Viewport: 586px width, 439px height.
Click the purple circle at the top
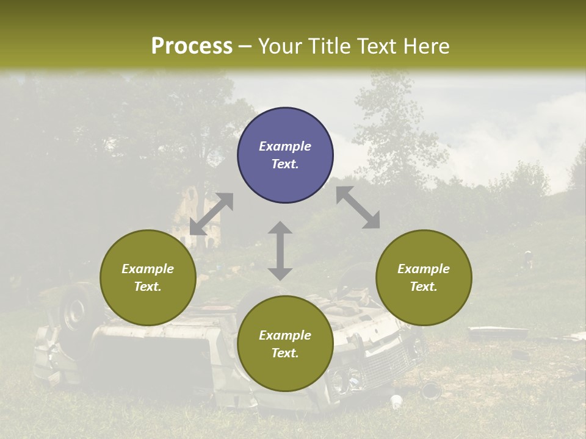(285, 155)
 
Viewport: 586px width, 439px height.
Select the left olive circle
(148, 277)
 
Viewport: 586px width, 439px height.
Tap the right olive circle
(424, 277)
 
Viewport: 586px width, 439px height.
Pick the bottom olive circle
(285, 343)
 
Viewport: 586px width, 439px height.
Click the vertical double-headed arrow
(280, 251)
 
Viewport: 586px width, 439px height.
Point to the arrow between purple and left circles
(211, 214)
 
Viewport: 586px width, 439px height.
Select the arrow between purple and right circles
(358, 207)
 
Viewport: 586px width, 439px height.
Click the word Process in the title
(192, 46)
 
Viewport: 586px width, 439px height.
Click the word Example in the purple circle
(285, 146)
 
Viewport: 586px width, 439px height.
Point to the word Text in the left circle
(148, 287)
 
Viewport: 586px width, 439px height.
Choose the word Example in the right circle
(424, 269)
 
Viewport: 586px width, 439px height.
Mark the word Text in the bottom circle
(285, 353)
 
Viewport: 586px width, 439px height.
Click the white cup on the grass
(396, 401)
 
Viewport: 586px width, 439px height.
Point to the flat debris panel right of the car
(497, 333)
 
